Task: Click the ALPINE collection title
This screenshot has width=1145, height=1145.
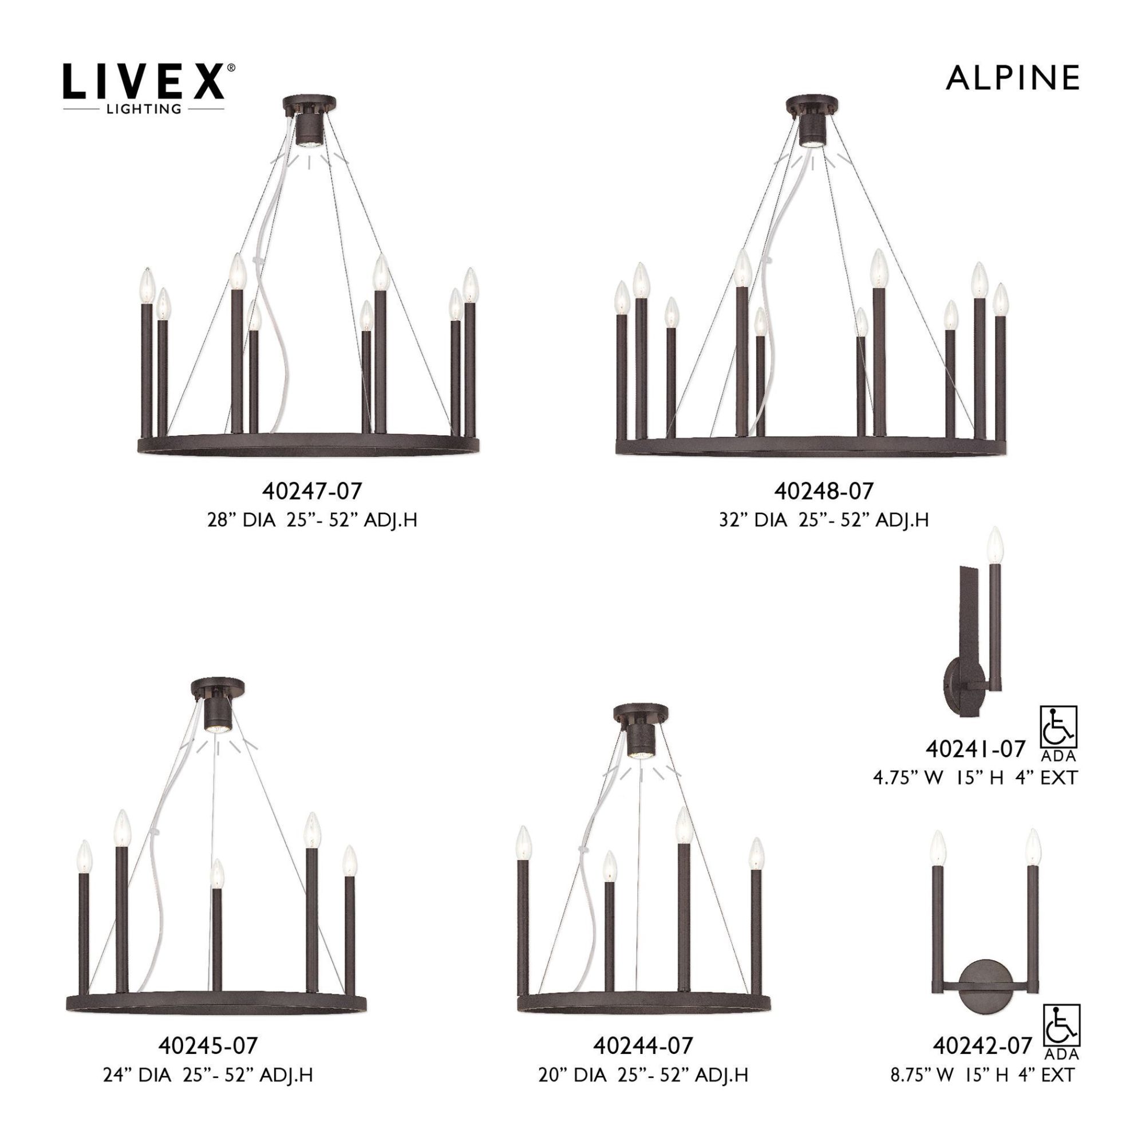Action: (1012, 78)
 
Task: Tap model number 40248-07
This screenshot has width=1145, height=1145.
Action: (824, 491)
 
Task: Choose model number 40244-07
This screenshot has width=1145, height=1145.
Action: (643, 1045)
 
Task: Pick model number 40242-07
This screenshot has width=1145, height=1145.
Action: (982, 1045)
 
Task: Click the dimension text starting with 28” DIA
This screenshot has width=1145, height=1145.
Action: (312, 520)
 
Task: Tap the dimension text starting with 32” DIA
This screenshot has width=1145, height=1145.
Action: (824, 520)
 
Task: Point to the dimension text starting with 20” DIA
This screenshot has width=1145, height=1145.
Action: (643, 1075)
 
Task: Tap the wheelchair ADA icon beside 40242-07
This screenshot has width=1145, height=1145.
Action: (1061, 1028)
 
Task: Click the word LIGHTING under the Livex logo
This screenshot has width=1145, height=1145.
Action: (144, 108)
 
